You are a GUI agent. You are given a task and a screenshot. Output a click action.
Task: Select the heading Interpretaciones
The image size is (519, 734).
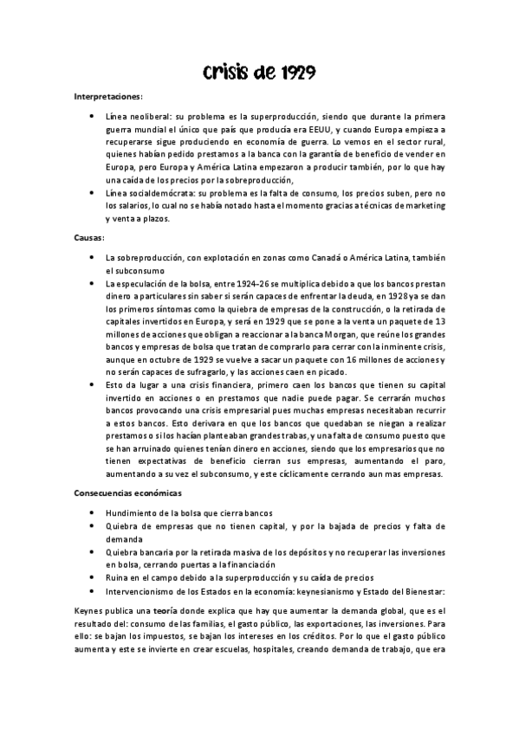pos(109,96)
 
